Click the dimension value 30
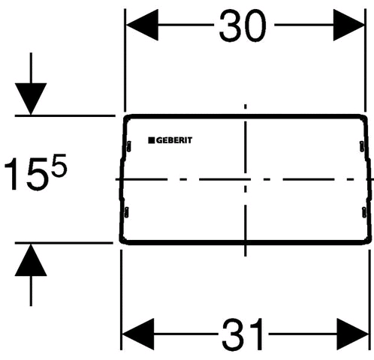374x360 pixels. tap(243, 26)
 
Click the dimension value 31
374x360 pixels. tap(243, 334)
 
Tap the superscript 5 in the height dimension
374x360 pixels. tap(59, 165)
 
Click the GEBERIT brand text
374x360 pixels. tap(174, 140)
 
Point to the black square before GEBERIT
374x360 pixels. tap(152, 140)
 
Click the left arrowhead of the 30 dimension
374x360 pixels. tap(142, 25)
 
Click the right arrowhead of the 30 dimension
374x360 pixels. tap(348, 25)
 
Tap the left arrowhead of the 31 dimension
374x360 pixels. tap(138, 334)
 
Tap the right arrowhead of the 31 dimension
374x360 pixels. tap(353, 334)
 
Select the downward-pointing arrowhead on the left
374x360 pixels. tap(31, 99)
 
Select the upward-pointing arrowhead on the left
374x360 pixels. tap(31, 260)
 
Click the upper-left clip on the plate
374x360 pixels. tap(128, 146)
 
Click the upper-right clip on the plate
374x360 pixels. tap(362, 146)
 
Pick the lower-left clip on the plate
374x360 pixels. tap(126, 212)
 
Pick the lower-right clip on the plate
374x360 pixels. tap(364, 212)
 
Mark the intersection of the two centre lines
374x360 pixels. tap(246, 179)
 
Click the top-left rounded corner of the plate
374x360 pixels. tap(126, 117)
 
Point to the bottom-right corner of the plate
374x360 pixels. tap(369, 241)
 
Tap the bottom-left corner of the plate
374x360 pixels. tap(122, 241)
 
